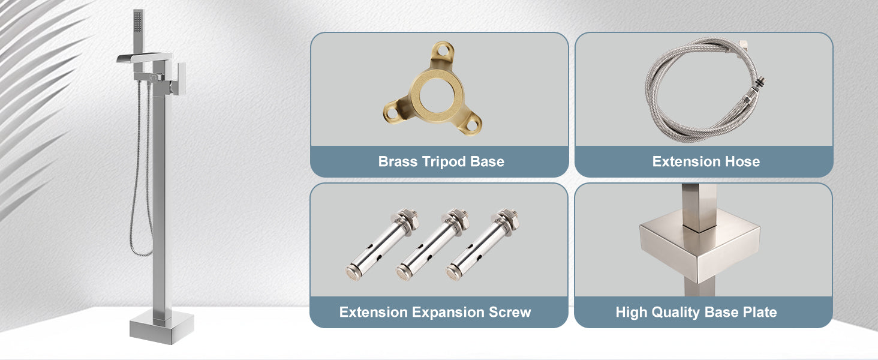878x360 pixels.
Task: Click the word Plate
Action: click(x=760, y=312)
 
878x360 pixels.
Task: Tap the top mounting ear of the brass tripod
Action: click(x=442, y=52)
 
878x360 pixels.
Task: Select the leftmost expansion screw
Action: click(x=382, y=244)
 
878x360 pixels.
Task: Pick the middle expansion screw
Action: click(x=432, y=244)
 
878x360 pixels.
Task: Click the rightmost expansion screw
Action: click(x=483, y=244)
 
